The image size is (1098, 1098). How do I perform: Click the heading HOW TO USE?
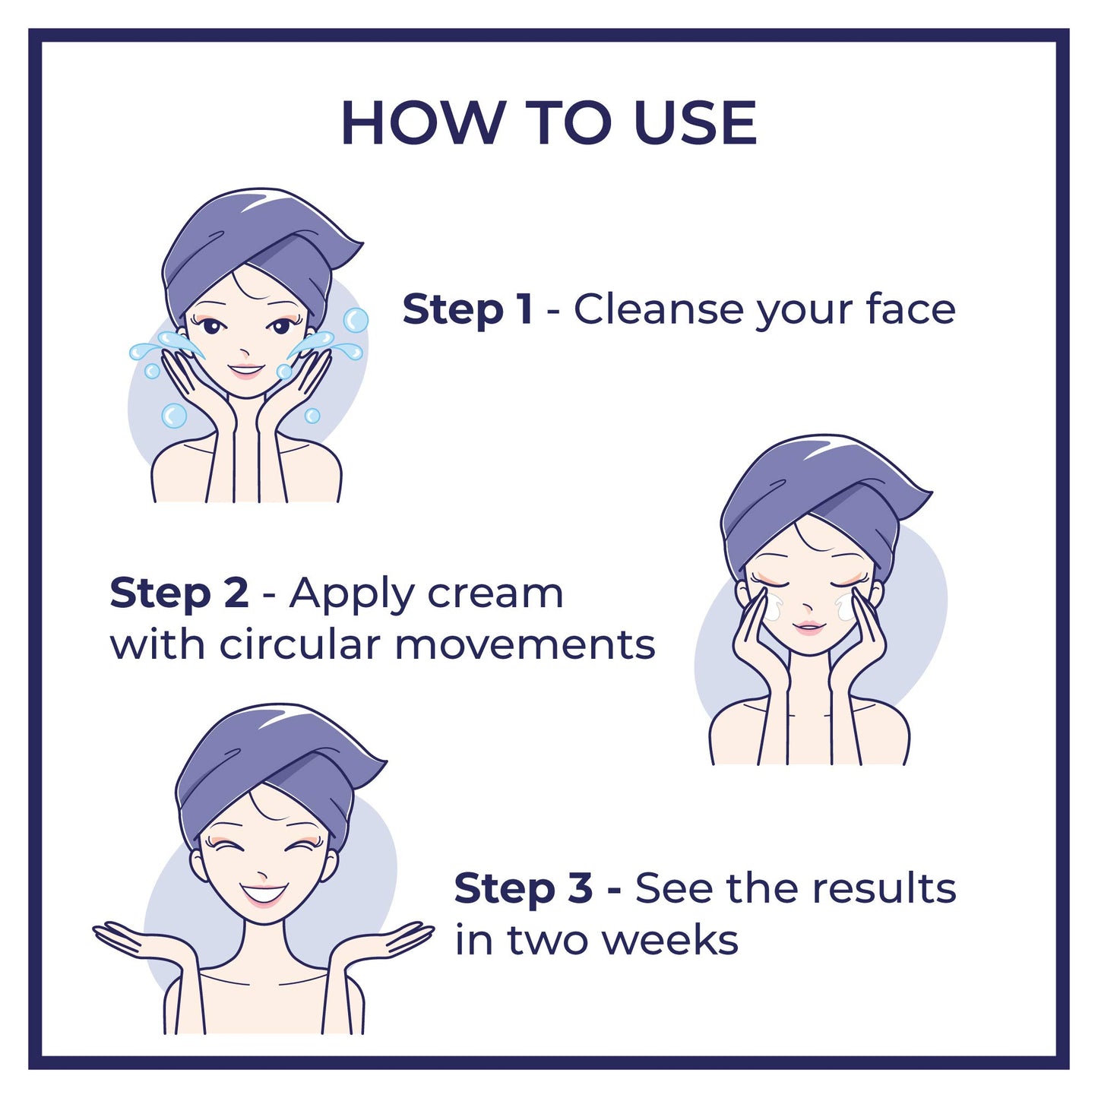click(x=549, y=122)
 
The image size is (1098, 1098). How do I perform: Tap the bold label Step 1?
click(x=467, y=310)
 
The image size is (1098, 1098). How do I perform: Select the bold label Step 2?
click(x=179, y=593)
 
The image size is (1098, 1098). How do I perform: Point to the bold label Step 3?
click(x=523, y=888)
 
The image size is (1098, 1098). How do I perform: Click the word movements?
click(x=524, y=645)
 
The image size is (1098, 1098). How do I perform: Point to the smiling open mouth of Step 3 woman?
click(x=263, y=893)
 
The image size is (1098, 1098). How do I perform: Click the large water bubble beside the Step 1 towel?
click(x=355, y=320)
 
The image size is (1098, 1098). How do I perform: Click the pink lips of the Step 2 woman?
click(x=808, y=628)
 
